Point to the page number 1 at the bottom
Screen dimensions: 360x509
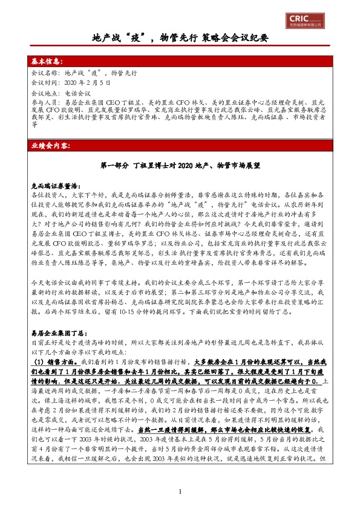pyautogui.click(x=180, y=491)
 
